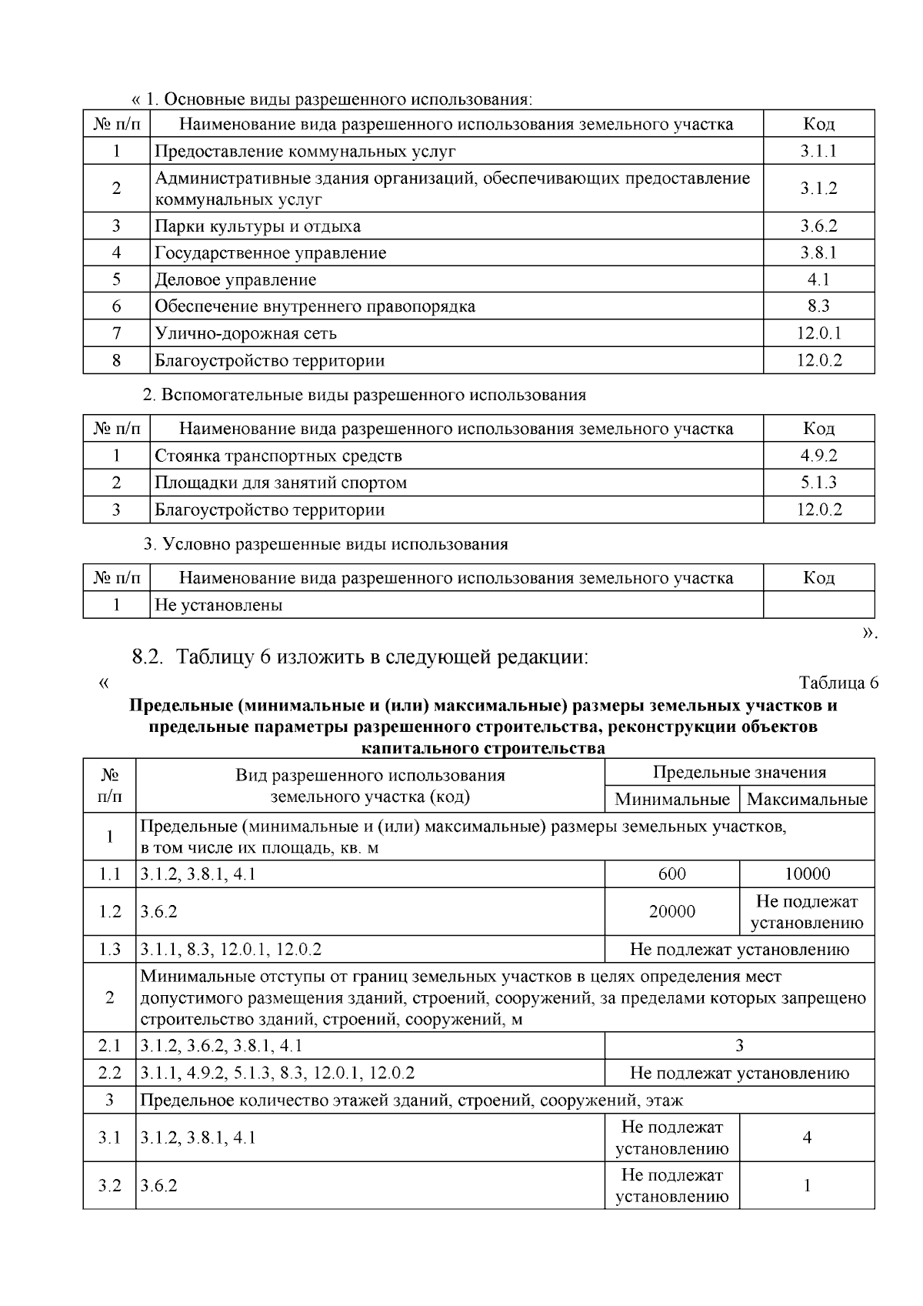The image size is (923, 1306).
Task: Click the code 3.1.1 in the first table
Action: click(818, 151)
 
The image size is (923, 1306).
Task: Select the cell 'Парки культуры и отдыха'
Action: click(258, 226)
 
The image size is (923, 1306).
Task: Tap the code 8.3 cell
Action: click(818, 306)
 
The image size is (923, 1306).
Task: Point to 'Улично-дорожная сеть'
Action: click(245, 333)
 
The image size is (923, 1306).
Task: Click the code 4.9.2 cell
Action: click(818, 456)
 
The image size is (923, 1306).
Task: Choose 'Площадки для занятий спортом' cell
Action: click(281, 483)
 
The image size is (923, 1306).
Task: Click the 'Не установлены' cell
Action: click(218, 605)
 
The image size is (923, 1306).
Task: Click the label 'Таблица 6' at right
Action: click(838, 683)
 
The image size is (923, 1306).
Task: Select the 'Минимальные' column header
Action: click(671, 799)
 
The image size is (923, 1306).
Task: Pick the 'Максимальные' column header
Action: click(807, 799)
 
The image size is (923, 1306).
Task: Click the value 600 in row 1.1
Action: click(671, 874)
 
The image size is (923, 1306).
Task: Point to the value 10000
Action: click(807, 874)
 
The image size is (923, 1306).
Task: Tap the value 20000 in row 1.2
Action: click(671, 911)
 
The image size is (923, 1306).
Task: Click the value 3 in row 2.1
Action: click(739, 1045)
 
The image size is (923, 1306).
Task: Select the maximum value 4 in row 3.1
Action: click(807, 1137)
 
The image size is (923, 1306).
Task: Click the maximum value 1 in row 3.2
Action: click(807, 1185)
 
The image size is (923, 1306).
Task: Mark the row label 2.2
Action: click(109, 1073)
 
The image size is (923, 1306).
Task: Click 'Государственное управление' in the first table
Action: click(271, 253)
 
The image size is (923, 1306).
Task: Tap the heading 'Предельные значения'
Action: click(739, 772)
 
